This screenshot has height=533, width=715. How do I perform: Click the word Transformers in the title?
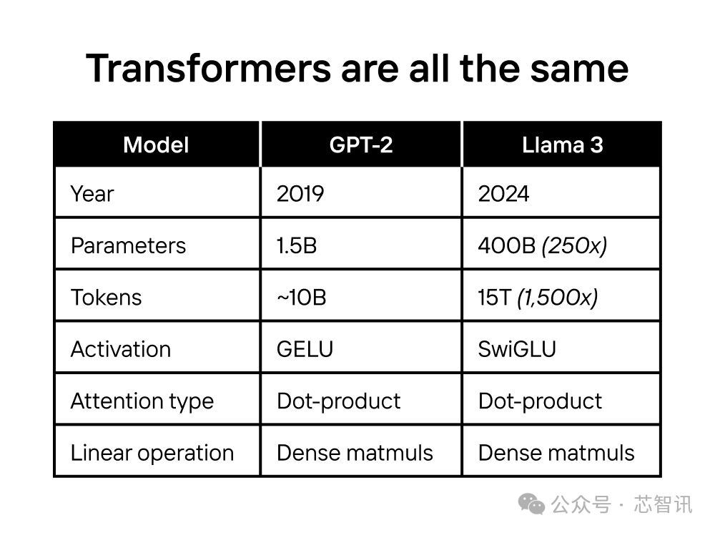pos(208,69)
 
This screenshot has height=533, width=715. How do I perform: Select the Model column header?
pos(156,145)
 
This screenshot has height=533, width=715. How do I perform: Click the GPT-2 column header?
pos(360,145)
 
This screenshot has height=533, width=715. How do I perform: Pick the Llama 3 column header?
pos(562,145)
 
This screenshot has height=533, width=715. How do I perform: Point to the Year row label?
pos(92,194)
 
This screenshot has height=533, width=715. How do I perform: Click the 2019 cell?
pos(300,194)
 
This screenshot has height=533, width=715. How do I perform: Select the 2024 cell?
pos(503,194)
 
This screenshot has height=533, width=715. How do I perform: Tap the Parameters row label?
pos(128,246)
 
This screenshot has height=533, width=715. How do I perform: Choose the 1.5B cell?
pos(297,246)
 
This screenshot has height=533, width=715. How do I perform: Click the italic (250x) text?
pos(575,246)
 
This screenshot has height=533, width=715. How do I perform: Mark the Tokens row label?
pos(107,298)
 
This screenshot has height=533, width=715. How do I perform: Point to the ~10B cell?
pos(302,298)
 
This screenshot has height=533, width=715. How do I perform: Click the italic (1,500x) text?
pos(557,298)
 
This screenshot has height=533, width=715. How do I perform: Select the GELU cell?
pos(305,350)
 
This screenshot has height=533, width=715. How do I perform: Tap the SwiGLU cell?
pos(517,350)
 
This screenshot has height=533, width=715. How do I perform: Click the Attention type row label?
pos(142,401)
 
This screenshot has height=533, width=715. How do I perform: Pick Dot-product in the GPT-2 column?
pos(339,401)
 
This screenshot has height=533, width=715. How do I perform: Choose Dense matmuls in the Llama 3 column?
pos(556,453)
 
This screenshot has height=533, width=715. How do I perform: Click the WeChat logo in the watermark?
pos(531,504)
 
